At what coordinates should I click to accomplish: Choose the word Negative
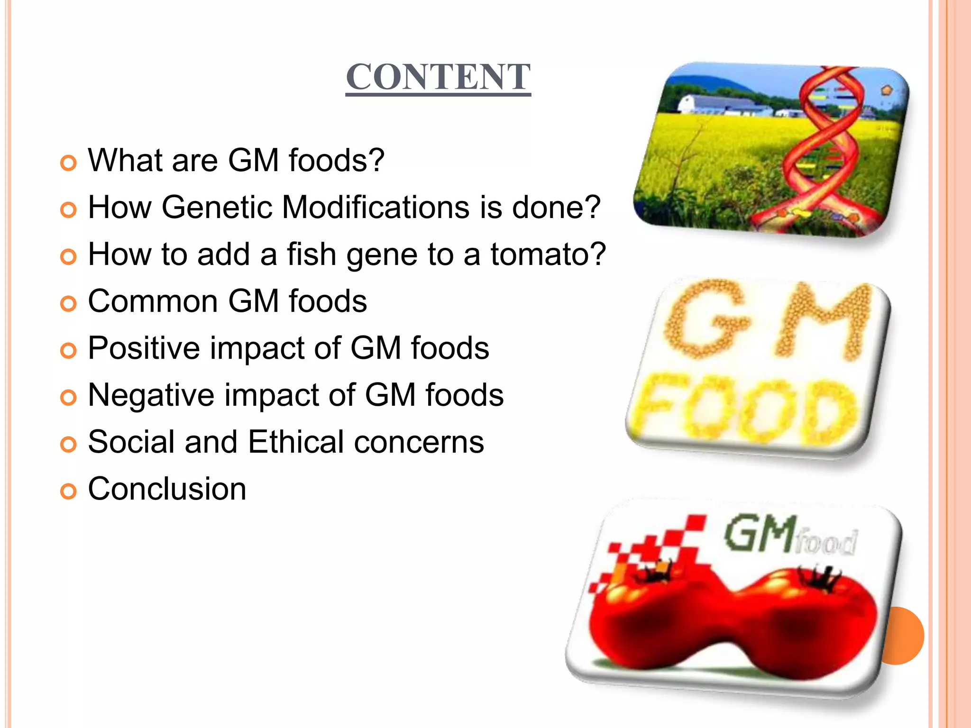tap(151, 395)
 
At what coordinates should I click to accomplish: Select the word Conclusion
tap(167, 489)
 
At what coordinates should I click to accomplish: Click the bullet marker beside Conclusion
tap(68, 491)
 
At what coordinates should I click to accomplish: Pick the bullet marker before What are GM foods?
tap(68, 163)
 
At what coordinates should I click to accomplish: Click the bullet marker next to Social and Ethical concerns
tap(68, 445)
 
